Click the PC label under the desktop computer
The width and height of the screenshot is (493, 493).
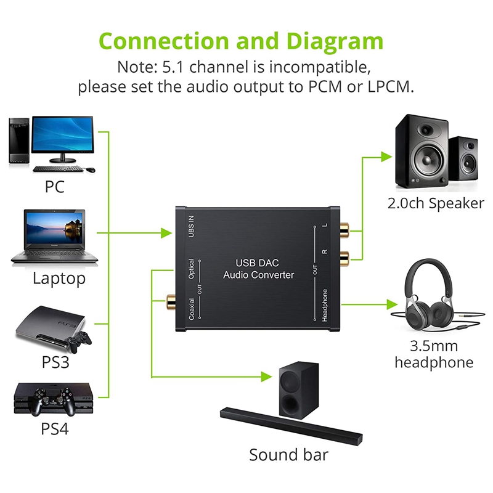click(54, 186)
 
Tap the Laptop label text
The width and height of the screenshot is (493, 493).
click(59, 279)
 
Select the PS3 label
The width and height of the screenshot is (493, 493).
click(55, 362)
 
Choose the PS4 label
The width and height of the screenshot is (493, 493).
click(55, 428)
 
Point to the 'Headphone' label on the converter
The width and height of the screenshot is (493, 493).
click(325, 304)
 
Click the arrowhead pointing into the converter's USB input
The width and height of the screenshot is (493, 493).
click(166, 234)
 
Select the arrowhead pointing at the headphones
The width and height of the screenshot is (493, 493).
click(392, 304)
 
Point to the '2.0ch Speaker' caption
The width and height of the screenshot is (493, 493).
click(436, 203)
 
